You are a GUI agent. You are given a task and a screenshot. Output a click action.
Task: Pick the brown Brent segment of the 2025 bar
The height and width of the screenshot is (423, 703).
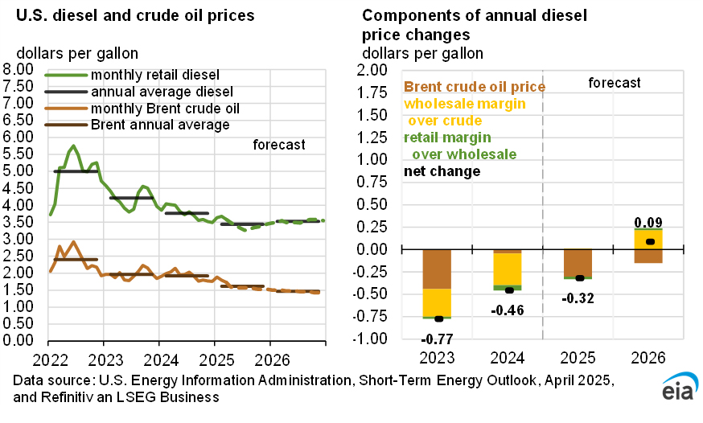tap(577, 263)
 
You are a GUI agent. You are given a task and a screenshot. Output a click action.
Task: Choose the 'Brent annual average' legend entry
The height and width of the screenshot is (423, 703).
tap(160, 125)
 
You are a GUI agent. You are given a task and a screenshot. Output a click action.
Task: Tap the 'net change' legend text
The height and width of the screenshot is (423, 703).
tap(442, 171)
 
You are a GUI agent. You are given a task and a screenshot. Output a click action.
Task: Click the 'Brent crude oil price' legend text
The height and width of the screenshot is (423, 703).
tap(475, 87)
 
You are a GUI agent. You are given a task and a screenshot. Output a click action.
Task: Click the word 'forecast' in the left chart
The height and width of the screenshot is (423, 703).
tap(279, 145)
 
